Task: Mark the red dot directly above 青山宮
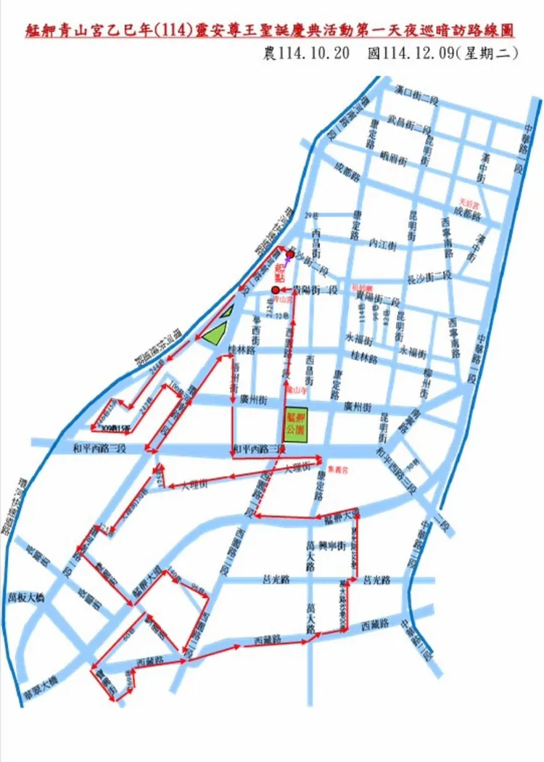point(275,290)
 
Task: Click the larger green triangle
point(214,335)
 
